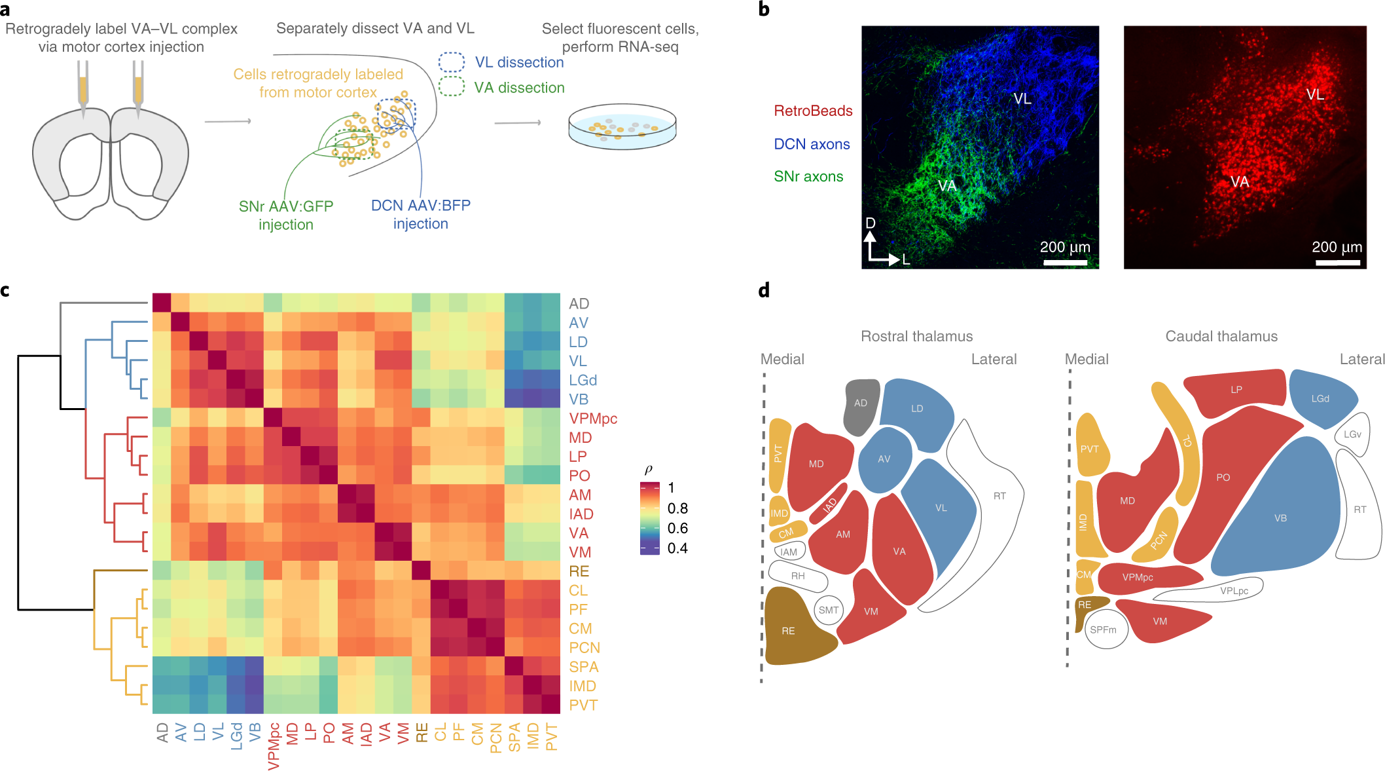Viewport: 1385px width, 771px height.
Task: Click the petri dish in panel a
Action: tap(622, 126)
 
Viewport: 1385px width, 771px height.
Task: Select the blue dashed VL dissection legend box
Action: tap(452, 62)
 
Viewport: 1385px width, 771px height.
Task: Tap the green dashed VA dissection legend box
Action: tap(452, 86)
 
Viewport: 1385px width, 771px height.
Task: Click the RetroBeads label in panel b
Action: tap(813, 111)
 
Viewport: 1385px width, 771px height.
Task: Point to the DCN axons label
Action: tap(812, 144)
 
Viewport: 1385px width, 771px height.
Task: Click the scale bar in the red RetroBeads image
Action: tap(1338, 263)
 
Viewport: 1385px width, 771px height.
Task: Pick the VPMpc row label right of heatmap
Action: tap(593, 419)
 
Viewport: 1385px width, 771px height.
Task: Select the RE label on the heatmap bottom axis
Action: tap(422, 732)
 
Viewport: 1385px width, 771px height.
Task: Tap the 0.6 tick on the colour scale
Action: tap(677, 528)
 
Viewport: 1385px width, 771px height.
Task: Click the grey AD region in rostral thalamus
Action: tap(861, 405)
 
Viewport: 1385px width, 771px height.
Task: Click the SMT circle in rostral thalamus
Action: tap(829, 610)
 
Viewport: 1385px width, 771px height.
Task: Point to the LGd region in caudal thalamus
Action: tap(1321, 398)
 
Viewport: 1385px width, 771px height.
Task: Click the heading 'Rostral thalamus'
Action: tap(916, 336)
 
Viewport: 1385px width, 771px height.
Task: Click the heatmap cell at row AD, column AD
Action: tap(162, 303)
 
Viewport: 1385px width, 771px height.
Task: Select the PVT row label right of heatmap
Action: tap(583, 705)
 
